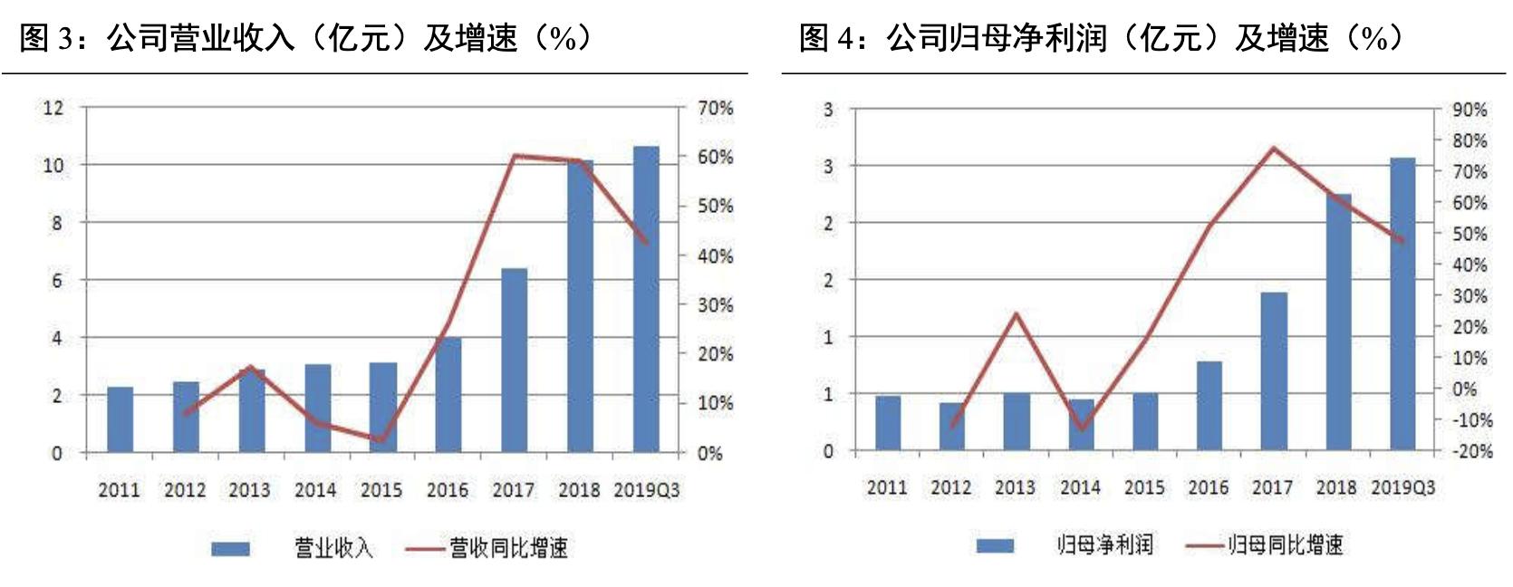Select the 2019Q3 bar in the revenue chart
646,299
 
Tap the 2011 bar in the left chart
120,419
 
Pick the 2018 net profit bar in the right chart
1338,322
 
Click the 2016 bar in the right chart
1209,406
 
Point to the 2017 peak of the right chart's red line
1273,148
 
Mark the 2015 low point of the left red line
381,441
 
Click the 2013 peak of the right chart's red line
1016,314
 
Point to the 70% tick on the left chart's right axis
715,108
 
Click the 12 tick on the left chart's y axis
53,108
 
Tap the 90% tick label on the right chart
1470,110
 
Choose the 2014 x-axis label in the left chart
315,490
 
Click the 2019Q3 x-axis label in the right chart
1402,487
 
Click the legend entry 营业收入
333,548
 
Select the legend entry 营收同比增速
508,548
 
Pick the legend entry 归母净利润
1104,544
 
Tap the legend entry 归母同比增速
1285,544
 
